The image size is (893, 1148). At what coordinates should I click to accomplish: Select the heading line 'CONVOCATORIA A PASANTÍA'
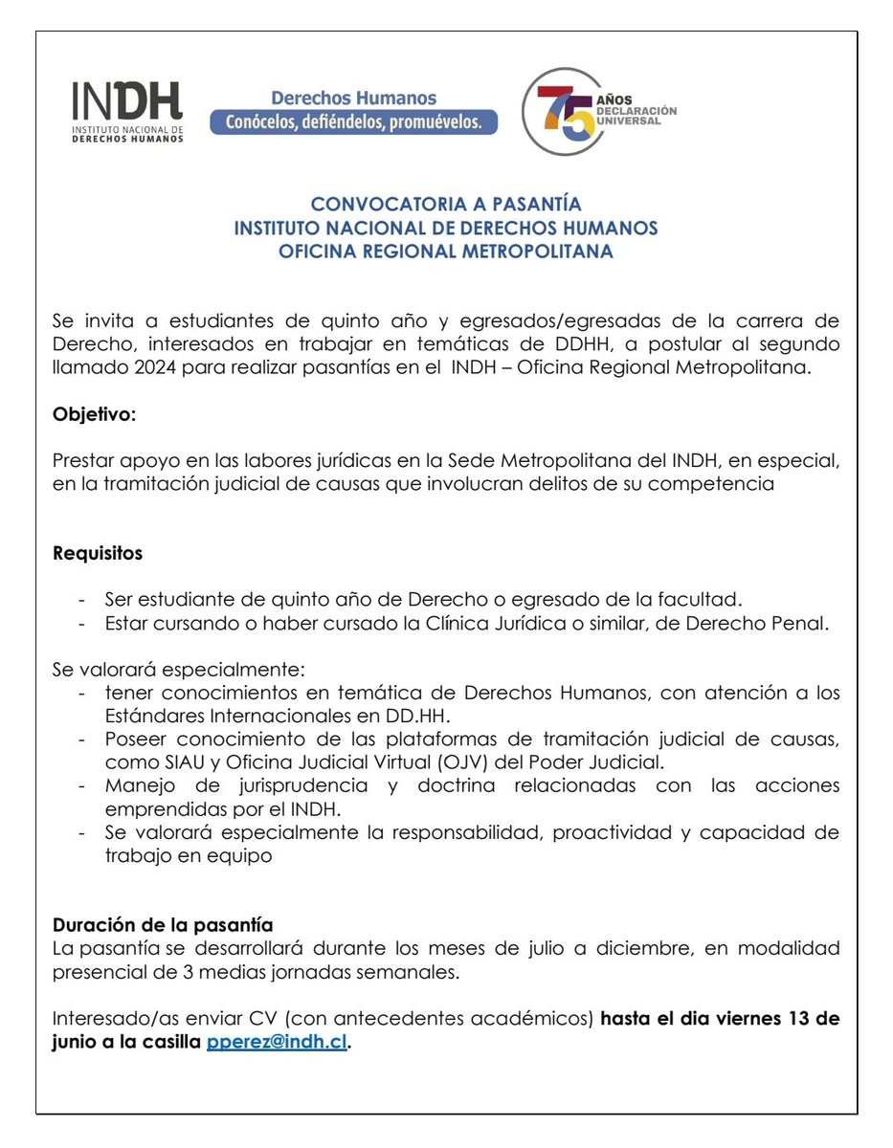click(x=446, y=205)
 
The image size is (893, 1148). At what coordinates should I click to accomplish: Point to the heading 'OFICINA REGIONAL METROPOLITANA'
click(x=446, y=253)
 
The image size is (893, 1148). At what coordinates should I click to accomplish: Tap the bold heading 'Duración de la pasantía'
click(x=163, y=925)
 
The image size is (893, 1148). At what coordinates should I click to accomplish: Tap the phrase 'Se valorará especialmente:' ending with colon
click(x=178, y=668)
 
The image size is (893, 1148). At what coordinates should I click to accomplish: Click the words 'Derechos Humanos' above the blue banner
click(x=353, y=98)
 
